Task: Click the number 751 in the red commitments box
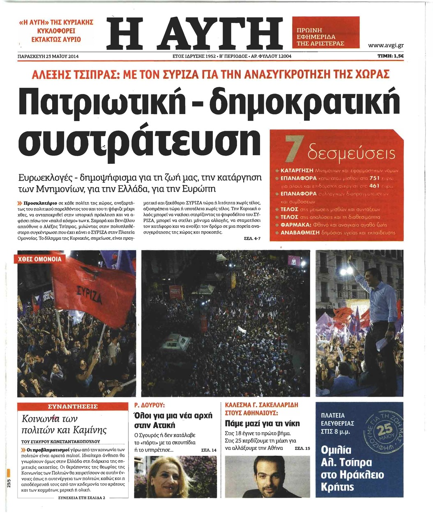click(374, 178)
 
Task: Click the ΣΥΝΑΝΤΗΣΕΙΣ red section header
click(73, 406)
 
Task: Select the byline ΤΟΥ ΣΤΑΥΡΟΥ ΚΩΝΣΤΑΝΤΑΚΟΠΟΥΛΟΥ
click(60, 442)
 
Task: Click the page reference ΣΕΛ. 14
click(209, 450)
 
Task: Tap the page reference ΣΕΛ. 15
click(302, 448)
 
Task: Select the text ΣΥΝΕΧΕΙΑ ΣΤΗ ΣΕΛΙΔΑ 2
click(82, 497)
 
